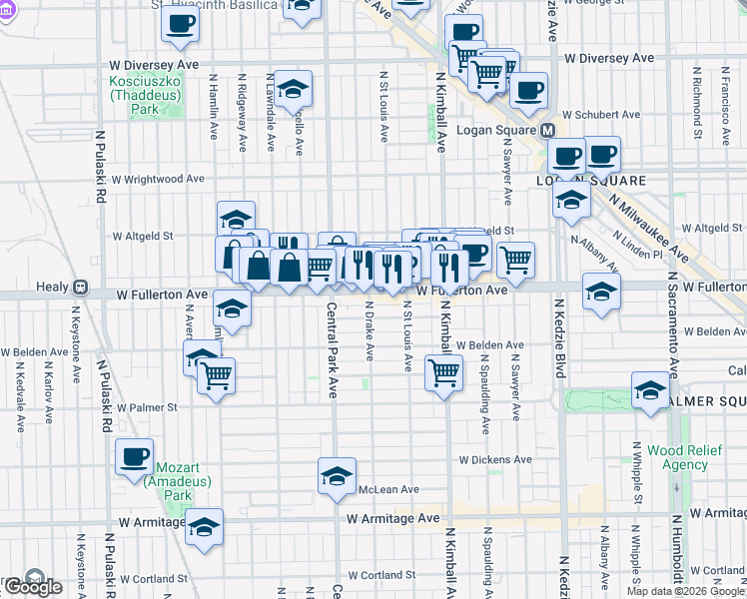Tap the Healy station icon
pyautogui.click(x=83, y=288)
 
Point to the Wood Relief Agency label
pyautogui.click(x=678, y=457)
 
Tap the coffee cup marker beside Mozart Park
pyautogui.click(x=135, y=458)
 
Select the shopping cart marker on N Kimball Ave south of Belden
pyautogui.click(x=443, y=373)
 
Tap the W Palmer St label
pyautogui.click(x=147, y=407)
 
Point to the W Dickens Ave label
pyautogui.click(x=495, y=460)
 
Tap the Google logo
pyautogui.click(x=33, y=585)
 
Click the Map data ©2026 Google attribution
pyautogui.click(x=685, y=591)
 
